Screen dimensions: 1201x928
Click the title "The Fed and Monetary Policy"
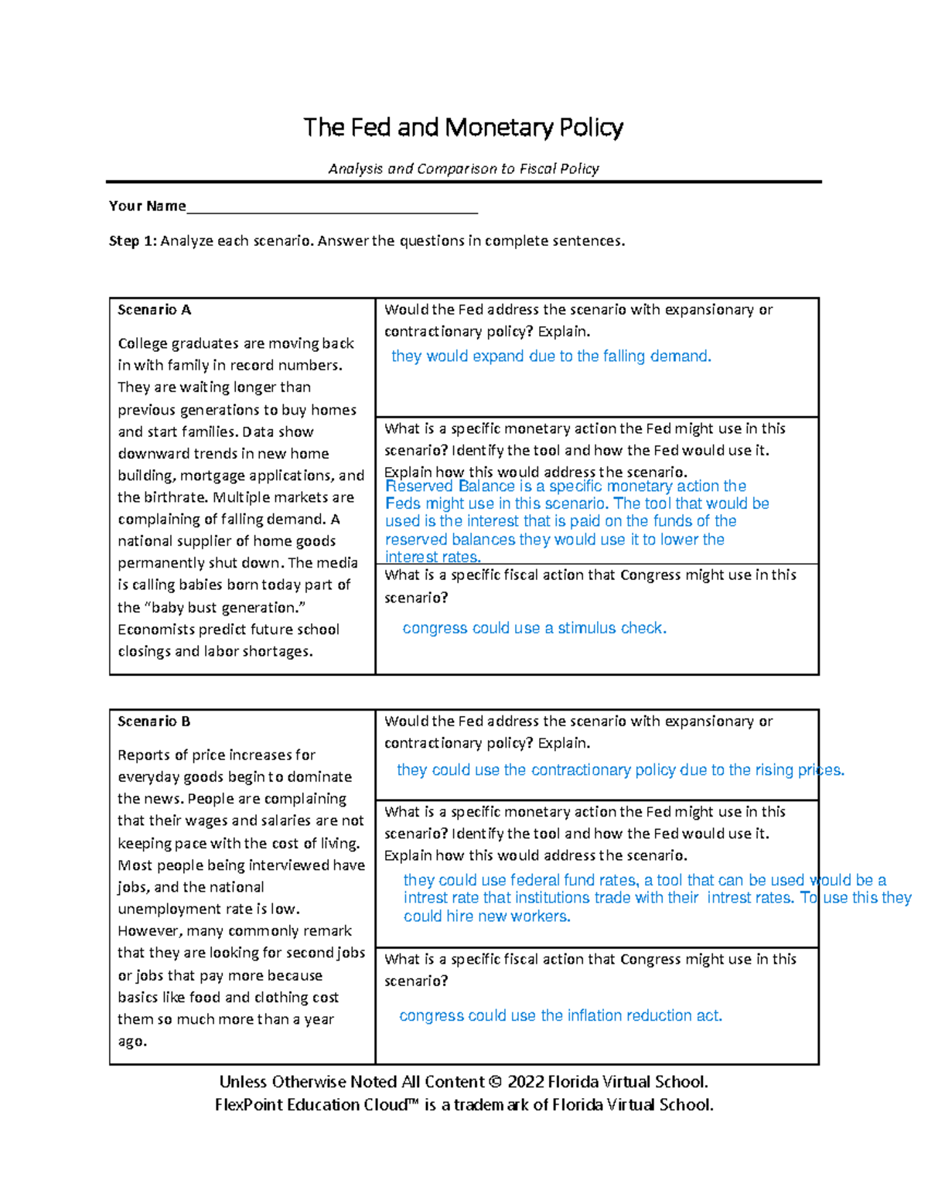click(463, 128)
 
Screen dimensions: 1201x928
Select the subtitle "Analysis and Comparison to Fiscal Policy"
click(463, 169)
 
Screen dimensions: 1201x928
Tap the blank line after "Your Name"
click(332, 207)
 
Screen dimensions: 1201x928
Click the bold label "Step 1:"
click(133, 241)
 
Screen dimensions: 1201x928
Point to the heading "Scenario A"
click(154, 310)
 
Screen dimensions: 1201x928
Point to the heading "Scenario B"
click(153, 722)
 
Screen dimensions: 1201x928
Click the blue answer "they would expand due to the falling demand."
click(551, 357)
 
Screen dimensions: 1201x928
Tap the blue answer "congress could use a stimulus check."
click(534, 629)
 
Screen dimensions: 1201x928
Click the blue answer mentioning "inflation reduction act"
click(561, 1016)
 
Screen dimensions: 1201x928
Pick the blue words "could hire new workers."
click(486, 916)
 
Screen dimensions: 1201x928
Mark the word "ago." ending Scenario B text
click(132, 1042)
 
